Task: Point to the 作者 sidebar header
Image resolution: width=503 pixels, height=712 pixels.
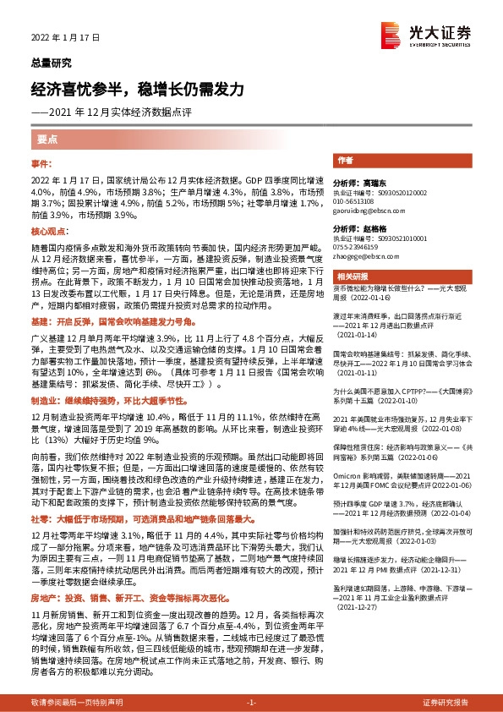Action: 345,160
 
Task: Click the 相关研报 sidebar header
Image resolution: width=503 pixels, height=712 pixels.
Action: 353,277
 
